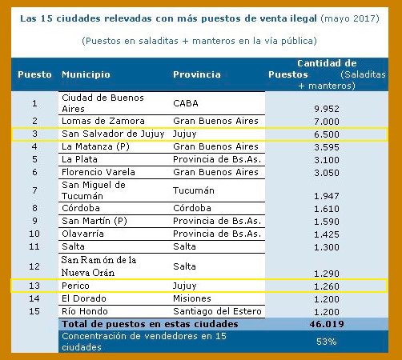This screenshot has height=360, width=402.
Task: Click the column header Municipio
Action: point(86,74)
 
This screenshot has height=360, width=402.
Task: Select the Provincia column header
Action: point(196,74)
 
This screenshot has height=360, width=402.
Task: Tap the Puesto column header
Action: point(34,74)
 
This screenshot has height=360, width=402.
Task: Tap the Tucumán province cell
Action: point(195,190)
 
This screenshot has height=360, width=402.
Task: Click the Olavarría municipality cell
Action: point(86,234)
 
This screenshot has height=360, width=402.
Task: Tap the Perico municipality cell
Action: point(76,284)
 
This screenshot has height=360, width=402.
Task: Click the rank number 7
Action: point(34,190)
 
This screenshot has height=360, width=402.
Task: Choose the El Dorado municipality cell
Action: point(82,297)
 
